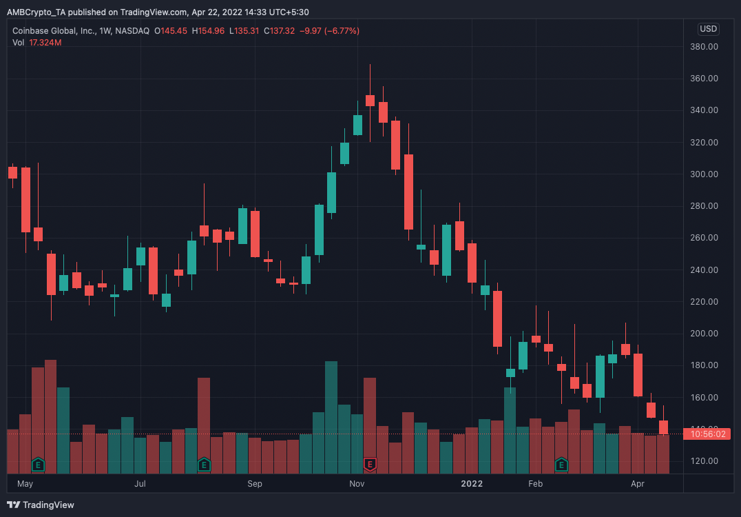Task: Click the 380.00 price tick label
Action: pos(704,47)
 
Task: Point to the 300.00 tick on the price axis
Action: pos(704,174)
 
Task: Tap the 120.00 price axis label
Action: pos(704,461)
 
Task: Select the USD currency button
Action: pos(708,29)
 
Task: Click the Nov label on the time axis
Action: pos(356,484)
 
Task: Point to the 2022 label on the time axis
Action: pos(472,484)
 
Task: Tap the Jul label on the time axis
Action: pos(140,484)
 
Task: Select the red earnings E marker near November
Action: pos(370,465)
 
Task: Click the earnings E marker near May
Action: pos(39,465)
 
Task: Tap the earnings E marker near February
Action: pos(561,465)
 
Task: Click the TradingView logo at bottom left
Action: pos(41,505)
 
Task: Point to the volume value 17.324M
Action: pos(45,43)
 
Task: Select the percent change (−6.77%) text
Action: pos(335,31)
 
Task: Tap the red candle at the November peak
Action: pos(370,101)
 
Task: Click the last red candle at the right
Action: pos(664,427)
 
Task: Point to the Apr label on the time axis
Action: pos(638,484)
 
